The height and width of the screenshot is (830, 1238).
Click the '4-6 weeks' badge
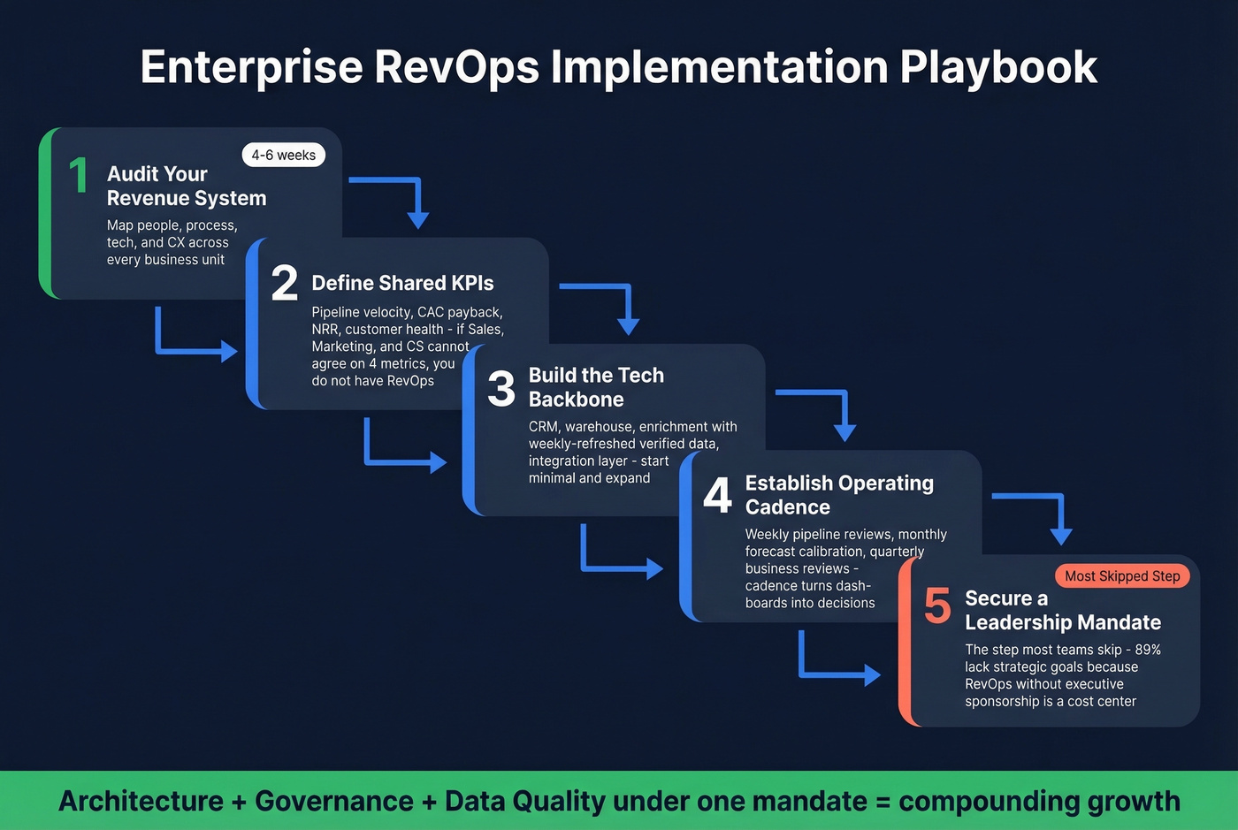(283, 155)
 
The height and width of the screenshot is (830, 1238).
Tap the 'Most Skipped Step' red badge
(1122, 576)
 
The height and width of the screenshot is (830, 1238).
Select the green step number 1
(79, 175)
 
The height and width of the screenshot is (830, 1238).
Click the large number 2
(284, 283)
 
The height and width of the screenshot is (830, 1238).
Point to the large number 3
(501, 389)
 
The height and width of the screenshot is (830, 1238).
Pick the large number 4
(717, 495)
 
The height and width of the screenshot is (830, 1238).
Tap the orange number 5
(937, 605)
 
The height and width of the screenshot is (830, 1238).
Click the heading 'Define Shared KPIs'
(402, 283)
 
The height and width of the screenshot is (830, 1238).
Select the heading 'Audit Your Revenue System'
(186, 186)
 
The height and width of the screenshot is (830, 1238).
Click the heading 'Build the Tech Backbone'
(595, 387)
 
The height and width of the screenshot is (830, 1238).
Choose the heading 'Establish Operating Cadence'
(838, 495)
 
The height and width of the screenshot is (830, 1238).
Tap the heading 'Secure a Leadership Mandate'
(1062, 611)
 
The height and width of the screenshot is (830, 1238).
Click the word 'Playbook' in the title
(998, 67)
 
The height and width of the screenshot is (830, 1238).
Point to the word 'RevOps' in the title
(456, 67)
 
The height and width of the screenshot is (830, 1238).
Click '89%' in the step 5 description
(1148, 650)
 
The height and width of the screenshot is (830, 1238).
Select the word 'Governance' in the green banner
(333, 801)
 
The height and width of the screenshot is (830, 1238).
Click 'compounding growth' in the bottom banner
(1039, 801)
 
